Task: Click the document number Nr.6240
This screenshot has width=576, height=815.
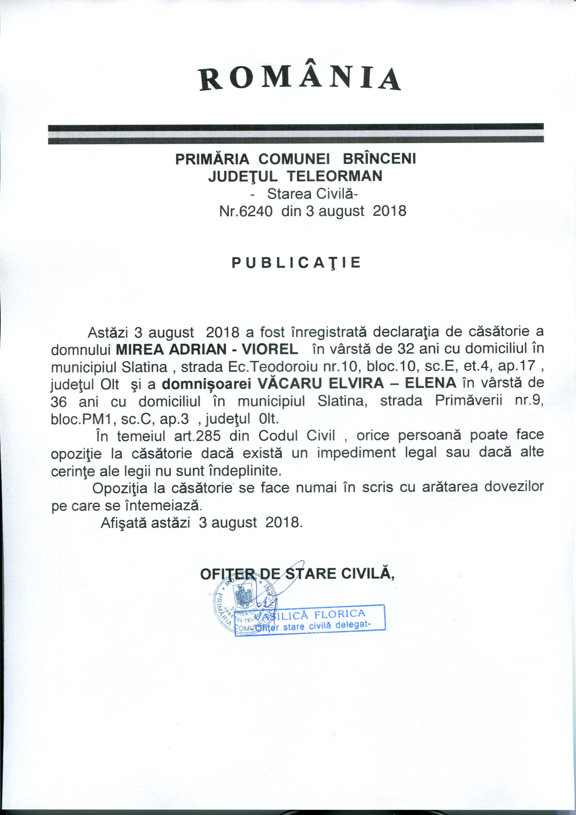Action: tap(246, 211)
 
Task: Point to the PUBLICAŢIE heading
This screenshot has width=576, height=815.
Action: tap(296, 263)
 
